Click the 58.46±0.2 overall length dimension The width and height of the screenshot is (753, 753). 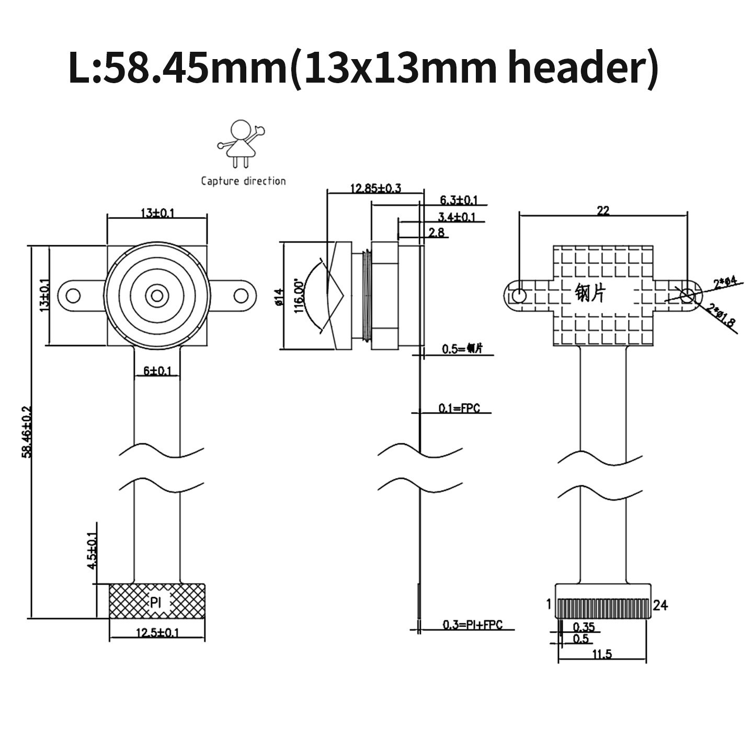(26, 431)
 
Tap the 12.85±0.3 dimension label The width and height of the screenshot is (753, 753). (375, 188)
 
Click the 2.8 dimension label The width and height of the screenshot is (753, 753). (436, 232)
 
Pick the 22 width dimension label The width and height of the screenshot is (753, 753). (603, 210)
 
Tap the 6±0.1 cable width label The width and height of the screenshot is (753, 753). (157, 371)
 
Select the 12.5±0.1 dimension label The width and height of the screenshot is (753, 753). (157, 633)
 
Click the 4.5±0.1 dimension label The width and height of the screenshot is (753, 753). (92, 551)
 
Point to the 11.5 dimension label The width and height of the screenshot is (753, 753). (602, 654)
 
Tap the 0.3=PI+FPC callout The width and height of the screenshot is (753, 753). (472, 624)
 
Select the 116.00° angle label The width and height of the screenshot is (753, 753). (299, 296)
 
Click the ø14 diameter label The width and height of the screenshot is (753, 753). (279, 297)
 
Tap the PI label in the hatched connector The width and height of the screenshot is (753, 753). (156, 602)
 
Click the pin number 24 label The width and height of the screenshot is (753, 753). (660, 605)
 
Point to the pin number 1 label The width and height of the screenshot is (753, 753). (549, 604)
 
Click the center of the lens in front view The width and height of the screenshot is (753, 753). (157, 296)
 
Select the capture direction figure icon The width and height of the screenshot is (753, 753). (241, 143)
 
